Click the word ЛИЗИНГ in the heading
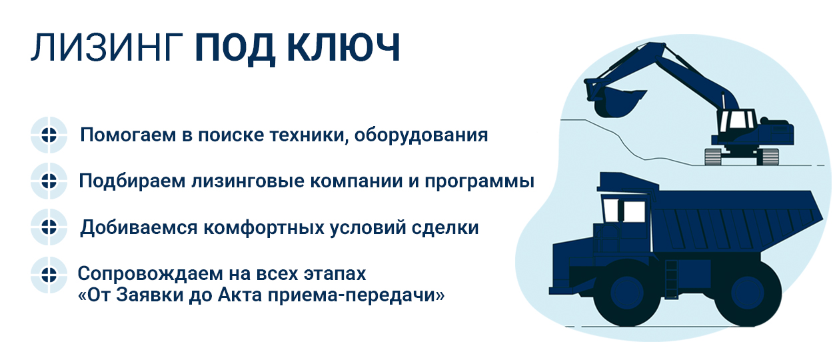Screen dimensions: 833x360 point(107,47)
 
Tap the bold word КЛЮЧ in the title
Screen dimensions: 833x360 point(343,47)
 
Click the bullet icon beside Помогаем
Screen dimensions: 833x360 point(49,135)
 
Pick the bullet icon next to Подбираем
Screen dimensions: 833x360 point(49,181)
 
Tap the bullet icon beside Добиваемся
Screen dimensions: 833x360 point(49,227)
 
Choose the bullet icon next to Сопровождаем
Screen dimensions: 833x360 point(49,275)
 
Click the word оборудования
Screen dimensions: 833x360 point(420,135)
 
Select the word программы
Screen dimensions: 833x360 point(479,182)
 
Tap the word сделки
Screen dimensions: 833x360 point(444,228)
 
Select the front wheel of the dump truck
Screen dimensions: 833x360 point(627,293)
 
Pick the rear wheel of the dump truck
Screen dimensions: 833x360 point(748,293)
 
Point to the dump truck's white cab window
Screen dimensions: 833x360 point(633,211)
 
